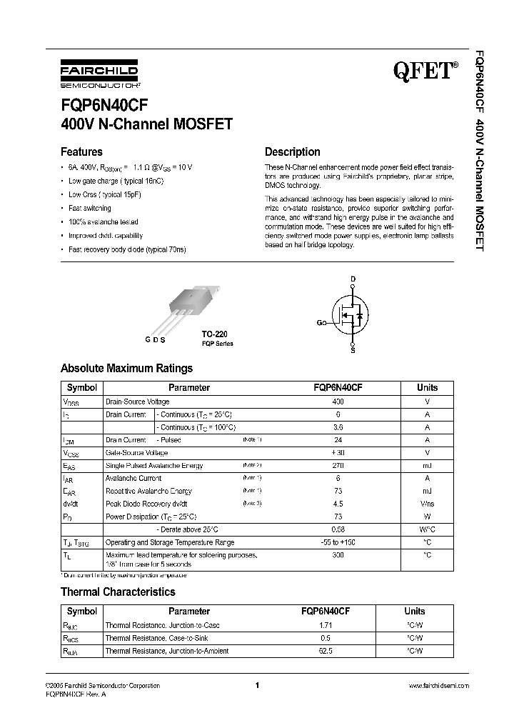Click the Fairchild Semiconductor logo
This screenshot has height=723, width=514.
99,74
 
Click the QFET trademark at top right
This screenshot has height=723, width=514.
425,70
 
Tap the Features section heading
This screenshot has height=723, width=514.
81,151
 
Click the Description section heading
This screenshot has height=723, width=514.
293,151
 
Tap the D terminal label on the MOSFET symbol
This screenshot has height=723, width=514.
352,279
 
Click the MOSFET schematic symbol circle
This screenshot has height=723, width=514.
351,315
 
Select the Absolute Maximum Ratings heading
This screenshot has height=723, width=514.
126,369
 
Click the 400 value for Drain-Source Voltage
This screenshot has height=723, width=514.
338,402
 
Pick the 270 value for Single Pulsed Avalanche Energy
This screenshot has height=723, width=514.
338,466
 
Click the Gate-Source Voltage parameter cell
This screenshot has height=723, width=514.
137,453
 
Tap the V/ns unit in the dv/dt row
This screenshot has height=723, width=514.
427,504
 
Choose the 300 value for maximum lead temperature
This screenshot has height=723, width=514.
338,554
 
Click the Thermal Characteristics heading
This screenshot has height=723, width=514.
118,592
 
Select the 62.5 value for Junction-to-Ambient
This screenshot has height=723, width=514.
326,651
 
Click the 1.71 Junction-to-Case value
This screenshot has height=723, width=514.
326,625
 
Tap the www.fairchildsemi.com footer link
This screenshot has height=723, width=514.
438,685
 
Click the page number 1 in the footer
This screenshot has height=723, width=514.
256,685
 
